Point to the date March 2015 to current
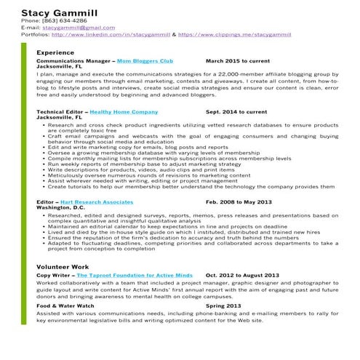point(237,61)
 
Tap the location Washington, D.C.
point(60,207)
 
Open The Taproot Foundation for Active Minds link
point(135,276)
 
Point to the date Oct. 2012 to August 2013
point(242,276)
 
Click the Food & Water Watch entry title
point(65,306)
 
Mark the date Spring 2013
point(223,306)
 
